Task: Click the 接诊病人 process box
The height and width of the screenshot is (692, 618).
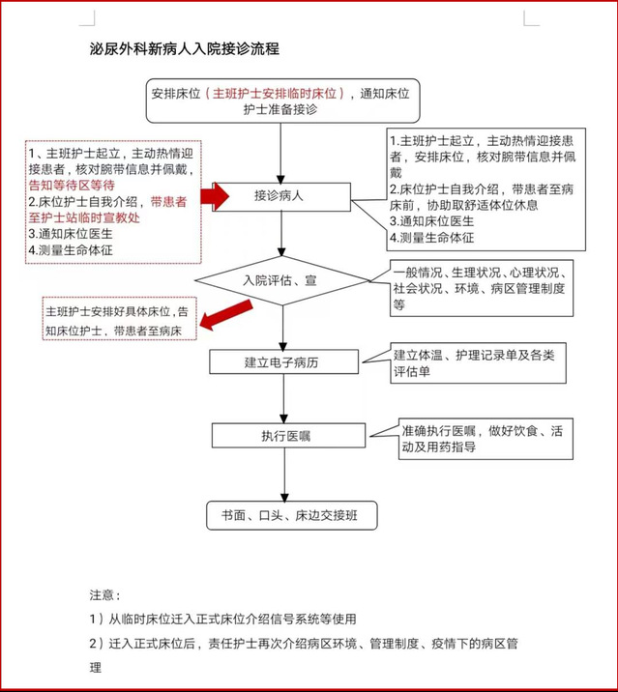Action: point(280,195)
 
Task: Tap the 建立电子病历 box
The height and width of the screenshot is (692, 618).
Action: point(280,362)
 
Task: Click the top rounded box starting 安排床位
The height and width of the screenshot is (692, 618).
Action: point(280,101)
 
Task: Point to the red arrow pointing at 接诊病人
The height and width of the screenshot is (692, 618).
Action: point(215,195)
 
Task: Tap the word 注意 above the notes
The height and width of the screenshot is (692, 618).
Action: point(103,594)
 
